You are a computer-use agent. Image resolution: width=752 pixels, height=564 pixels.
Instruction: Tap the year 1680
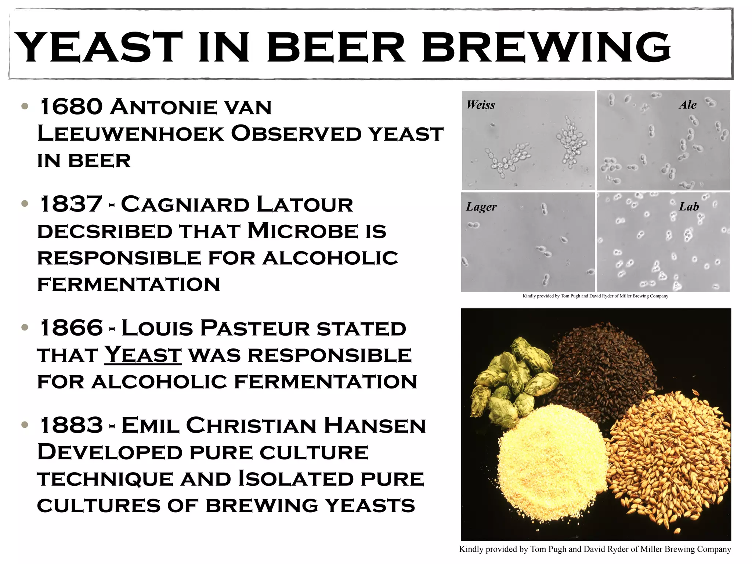(x=71, y=107)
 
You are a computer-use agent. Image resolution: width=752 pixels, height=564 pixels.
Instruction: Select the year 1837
(x=71, y=204)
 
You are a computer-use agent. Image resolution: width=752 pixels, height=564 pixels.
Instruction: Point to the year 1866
(x=71, y=328)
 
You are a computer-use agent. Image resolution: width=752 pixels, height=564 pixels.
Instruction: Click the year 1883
(x=71, y=425)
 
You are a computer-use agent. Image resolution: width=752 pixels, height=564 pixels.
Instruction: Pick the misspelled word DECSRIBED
(x=105, y=231)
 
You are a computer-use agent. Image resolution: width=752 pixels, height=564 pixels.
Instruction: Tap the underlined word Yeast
(x=143, y=355)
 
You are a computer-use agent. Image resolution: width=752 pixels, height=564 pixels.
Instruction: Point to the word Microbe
(x=303, y=231)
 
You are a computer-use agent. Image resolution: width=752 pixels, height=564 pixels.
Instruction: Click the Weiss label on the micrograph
(x=481, y=105)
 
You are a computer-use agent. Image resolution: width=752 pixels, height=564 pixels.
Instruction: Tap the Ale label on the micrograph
(x=687, y=105)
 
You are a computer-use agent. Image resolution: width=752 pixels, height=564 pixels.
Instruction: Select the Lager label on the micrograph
(x=481, y=207)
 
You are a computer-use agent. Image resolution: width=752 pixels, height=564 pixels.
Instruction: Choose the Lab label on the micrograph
(x=688, y=207)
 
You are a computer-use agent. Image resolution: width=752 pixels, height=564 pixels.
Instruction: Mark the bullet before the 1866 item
(x=25, y=327)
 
